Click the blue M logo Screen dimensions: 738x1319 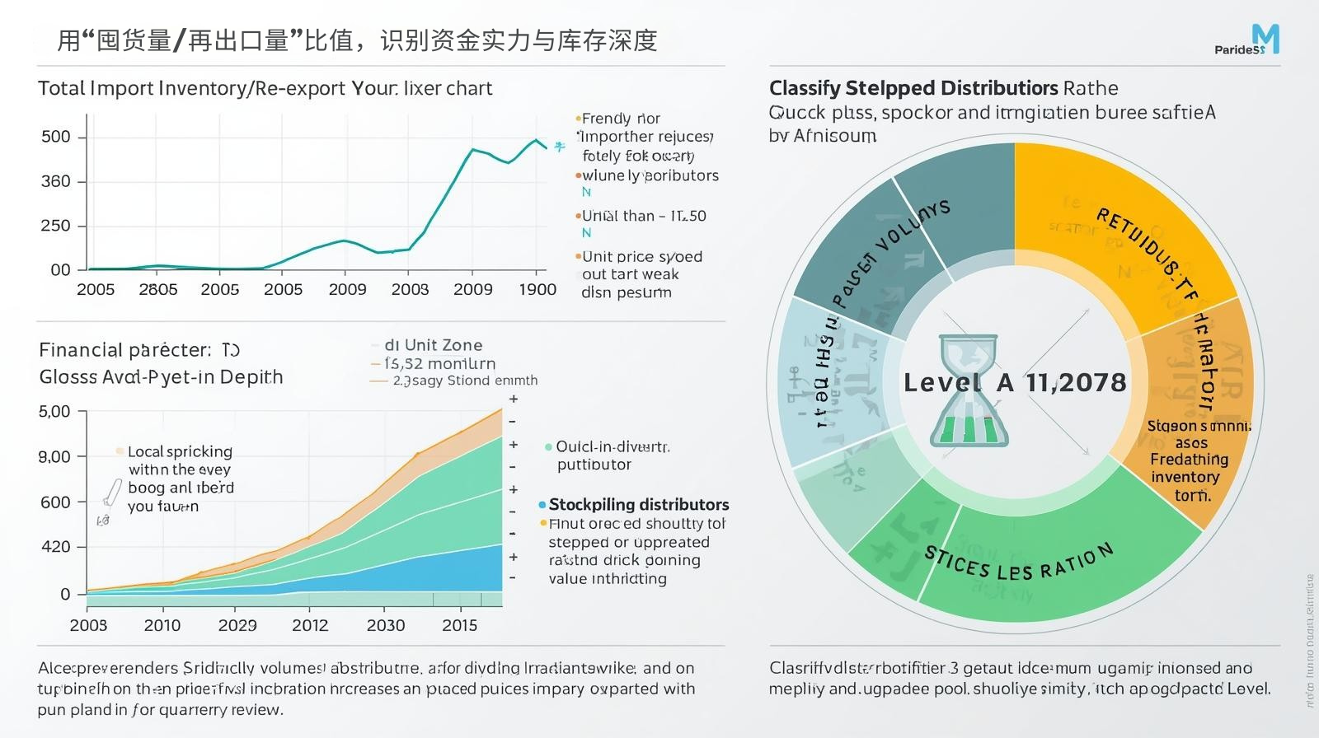click(x=1265, y=38)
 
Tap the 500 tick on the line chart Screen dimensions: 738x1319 click(x=56, y=137)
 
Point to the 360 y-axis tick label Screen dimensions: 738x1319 click(x=56, y=181)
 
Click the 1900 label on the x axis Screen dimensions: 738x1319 click(x=537, y=289)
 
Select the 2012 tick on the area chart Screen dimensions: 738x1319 click(x=310, y=625)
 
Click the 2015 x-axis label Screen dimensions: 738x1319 click(x=459, y=625)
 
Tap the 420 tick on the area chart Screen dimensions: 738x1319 click(x=55, y=547)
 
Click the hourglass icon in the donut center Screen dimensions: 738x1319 click(x=969, y=391)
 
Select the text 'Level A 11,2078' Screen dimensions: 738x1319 click(x=1015, y=382)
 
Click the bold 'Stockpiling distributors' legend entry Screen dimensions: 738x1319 click(x=638, y=504)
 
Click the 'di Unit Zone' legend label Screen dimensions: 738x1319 click(x=433, y=345)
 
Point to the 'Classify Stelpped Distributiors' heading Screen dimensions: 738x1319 click(x=913, y=88)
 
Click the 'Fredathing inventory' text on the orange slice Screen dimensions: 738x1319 click(x=1189, y=468)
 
